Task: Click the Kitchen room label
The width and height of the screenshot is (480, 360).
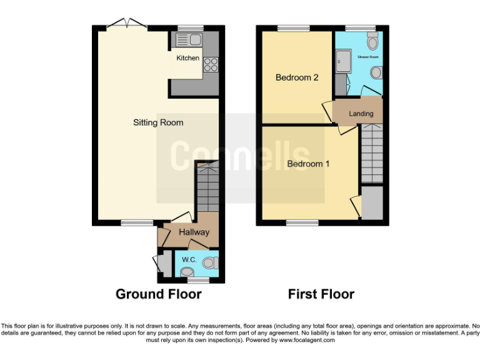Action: click(187, 58)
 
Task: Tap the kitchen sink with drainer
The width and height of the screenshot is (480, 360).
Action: click(187, 41)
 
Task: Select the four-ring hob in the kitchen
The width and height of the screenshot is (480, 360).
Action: click(210, 64)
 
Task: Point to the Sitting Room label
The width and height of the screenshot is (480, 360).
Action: click(158, 122)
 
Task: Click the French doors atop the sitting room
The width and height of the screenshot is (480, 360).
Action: click(127, 25)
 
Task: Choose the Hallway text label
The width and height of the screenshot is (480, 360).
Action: click(194, 232)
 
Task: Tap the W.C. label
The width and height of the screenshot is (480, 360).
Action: click(189, 259)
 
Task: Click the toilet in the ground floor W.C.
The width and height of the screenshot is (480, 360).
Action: click(211, 262)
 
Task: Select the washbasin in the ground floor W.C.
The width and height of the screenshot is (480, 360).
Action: click(187, 272)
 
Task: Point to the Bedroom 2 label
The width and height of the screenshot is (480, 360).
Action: click(297, 77)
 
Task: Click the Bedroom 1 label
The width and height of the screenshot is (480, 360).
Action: click(307, 164)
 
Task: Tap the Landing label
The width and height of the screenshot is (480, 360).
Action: click(361, 114)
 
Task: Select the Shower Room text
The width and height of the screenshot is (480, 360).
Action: click(368, 57)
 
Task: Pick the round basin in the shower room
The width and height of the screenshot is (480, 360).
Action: click(376, 73)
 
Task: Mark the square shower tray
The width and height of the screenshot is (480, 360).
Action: click(343, 61)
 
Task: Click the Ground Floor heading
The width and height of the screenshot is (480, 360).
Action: click(158, 294)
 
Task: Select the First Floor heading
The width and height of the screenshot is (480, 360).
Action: click(321, 294)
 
